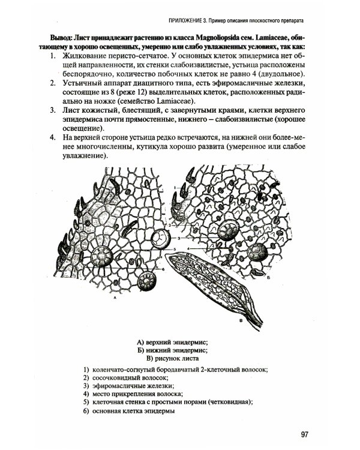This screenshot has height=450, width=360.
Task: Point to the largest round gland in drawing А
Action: tap(101, 257)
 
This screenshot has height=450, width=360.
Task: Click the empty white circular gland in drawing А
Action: tap(161, 238)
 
